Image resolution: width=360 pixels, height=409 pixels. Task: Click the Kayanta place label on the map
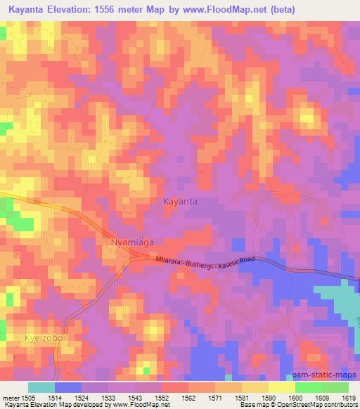(x=180, y=201)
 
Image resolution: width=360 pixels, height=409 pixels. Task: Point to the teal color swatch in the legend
(x=41, y=387)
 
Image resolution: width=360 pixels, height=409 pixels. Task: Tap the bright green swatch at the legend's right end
(x=335, y=387)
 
